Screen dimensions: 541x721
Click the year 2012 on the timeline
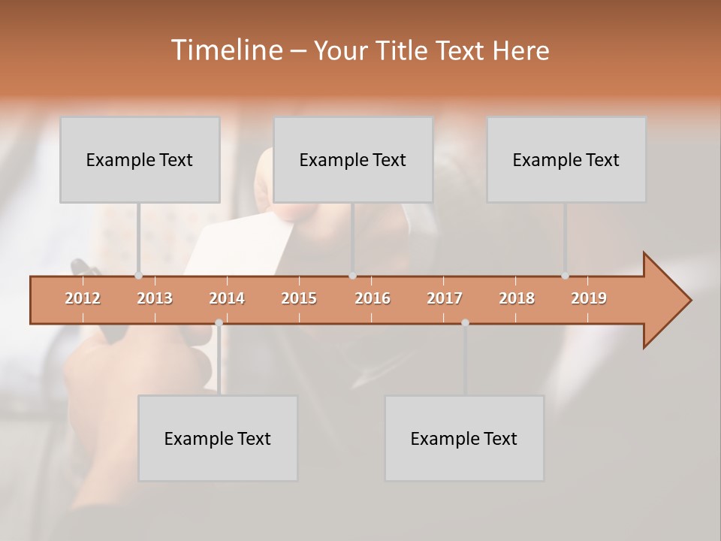(83, 298)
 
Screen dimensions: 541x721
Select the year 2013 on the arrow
(155, 298)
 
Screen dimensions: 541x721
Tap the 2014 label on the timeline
(227, 298)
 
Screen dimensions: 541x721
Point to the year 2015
(299, 298)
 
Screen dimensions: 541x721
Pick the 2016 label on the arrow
(373, 298)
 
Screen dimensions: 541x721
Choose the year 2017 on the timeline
(445, 298)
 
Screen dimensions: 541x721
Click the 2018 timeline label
(517, 298)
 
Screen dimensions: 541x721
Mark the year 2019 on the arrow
(589, 298)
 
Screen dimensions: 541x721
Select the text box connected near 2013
(140, 160)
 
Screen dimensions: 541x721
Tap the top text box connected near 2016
(353, 160)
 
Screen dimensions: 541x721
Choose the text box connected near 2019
(566, 160)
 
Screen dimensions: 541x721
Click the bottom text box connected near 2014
(218, 439)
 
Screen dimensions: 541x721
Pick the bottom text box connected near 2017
(464, 439)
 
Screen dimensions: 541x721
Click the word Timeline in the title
(225, 50)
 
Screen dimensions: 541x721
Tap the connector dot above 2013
(138, 276)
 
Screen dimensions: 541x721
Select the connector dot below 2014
(219, 322)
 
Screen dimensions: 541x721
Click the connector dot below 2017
(465, 322)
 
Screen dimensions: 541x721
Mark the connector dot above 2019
(565, 276)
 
